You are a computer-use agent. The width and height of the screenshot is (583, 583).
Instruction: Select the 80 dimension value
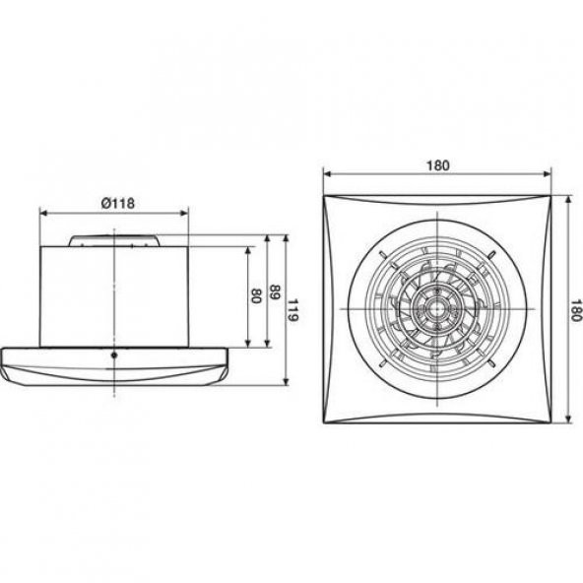coord(256,295)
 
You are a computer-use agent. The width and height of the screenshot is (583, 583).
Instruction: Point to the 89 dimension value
coord(275,292)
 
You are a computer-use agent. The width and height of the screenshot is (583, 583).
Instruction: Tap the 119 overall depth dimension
coord(293,313)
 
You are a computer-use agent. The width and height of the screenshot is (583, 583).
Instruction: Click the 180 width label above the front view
coord(438,165)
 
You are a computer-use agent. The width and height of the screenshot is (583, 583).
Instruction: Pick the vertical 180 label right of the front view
coord(576,310)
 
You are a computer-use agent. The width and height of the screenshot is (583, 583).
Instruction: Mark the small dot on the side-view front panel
coord(115,355)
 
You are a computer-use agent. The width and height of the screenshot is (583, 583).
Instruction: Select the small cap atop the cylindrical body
coord(115,239)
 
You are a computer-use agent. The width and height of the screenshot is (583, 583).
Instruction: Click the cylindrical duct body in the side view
coord(115,295)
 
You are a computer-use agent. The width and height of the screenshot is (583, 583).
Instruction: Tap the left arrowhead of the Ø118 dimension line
coord(42,212)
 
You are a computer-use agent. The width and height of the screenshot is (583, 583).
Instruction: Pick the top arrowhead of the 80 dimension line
coord(247,249)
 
